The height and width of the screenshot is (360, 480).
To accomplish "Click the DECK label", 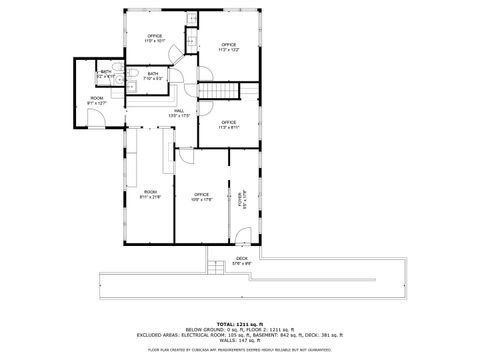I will (241, 261).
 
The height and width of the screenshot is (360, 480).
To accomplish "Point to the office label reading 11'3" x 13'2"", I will (229, 46).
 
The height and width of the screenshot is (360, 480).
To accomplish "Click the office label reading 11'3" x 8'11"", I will (228, 125).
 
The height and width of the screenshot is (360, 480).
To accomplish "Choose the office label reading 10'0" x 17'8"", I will (201, 196).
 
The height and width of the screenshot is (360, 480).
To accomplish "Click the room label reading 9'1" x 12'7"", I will (96, 100).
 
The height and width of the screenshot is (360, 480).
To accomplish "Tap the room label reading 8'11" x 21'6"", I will (150, 194).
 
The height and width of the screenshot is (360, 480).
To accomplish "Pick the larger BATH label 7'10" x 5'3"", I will (153, 75).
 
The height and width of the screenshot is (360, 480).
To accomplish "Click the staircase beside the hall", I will (220, 93).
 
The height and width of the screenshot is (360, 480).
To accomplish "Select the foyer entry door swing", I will (243, 238).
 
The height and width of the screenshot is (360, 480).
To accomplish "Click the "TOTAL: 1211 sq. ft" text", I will (240, 324).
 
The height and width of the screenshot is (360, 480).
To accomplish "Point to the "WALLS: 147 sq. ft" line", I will (240, 341).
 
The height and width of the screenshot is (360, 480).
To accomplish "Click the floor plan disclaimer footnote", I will (240, 351).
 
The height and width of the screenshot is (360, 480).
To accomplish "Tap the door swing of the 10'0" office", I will (185, 153).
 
